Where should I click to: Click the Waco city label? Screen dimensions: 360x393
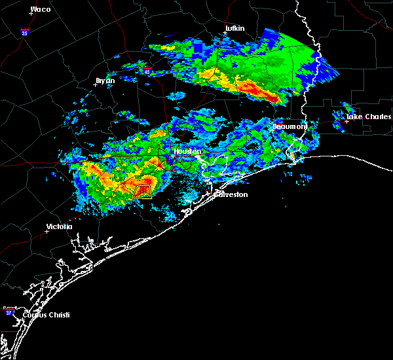(x=41, y=9)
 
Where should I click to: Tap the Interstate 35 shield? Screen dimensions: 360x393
(x=24, y=31)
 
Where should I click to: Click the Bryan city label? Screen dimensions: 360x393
(x=105, y=81)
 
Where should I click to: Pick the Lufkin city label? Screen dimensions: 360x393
(x=234, y=29)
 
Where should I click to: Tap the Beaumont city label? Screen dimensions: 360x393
(x=290, y=126)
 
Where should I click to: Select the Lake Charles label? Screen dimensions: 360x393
(x=364, y=117)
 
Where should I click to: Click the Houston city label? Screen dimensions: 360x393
(x=187, y=151)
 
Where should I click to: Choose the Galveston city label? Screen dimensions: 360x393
(x=232, y=194)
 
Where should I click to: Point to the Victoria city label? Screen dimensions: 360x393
(x=59, y=226)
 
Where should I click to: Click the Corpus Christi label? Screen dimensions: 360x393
(x=45, y=315)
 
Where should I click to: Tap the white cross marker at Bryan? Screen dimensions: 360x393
(x=96, y=84)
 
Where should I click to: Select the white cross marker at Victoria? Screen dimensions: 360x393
(x=47, y=231)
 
